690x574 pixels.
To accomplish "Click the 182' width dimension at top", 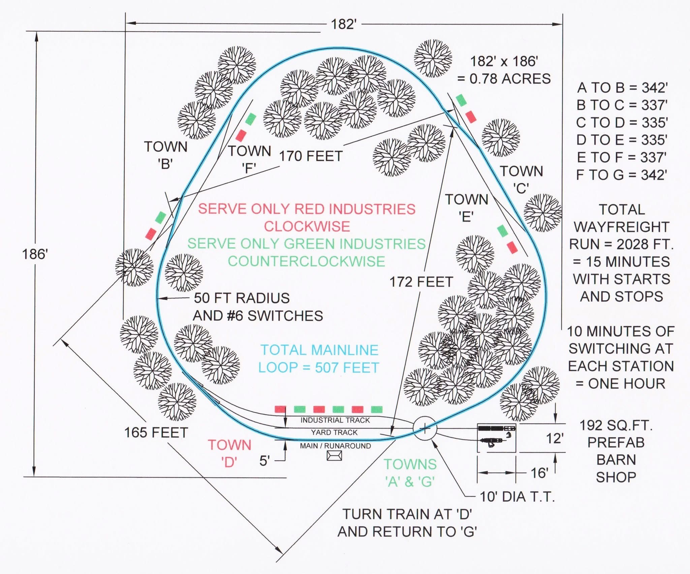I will (x=343, y=24).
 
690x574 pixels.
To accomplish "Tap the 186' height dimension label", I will (x=35, y=254).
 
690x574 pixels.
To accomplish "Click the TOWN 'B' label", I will (x=165, y=155).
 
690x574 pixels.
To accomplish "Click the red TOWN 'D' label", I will (x=229, y=453).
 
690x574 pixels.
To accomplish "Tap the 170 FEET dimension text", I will (x=311, y=156).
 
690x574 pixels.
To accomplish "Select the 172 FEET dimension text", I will (x=421, y=282).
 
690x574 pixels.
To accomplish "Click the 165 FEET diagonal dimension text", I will (x=156, y=433).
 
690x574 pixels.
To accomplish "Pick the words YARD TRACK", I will (x=334, y=432).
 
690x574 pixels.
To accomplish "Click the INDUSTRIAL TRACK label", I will (x=335, y=420).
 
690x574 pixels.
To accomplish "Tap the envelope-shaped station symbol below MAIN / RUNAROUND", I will (x=334, y=456).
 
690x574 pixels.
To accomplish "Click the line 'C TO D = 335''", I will (x=622, y=122).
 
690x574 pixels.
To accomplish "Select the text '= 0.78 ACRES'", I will (x=503, y=79).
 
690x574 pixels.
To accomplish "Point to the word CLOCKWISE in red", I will (x=307, y=226).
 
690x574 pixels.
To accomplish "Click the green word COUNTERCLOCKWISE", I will (x=306, y=262).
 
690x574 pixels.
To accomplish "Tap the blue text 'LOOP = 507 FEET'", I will (x=319, y=367).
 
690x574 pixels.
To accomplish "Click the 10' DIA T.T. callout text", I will (x=517, y=497).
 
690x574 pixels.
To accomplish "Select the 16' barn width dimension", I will (x=539, y=473).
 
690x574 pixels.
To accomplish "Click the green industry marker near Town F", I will (x=251, y=119).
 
